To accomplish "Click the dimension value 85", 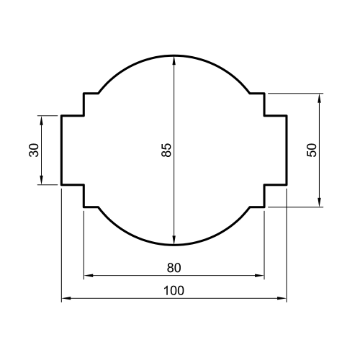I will point(166,150).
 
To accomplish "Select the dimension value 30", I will point(33,150).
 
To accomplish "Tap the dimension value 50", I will point(311,150).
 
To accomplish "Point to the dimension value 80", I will point(174,268).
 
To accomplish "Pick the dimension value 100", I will point(174,290).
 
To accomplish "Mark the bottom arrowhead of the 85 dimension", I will point(174,243).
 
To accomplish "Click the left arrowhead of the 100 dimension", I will point(63,298).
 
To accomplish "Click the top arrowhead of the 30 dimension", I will point(42,118).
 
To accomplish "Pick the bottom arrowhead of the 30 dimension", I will point(42,181).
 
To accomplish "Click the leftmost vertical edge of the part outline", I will point(61,150).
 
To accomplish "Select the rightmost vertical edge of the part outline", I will point(287,150).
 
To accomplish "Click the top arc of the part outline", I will point(174,55).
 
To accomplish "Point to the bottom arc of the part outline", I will point(174,245).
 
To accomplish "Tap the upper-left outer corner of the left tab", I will point(61,115).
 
